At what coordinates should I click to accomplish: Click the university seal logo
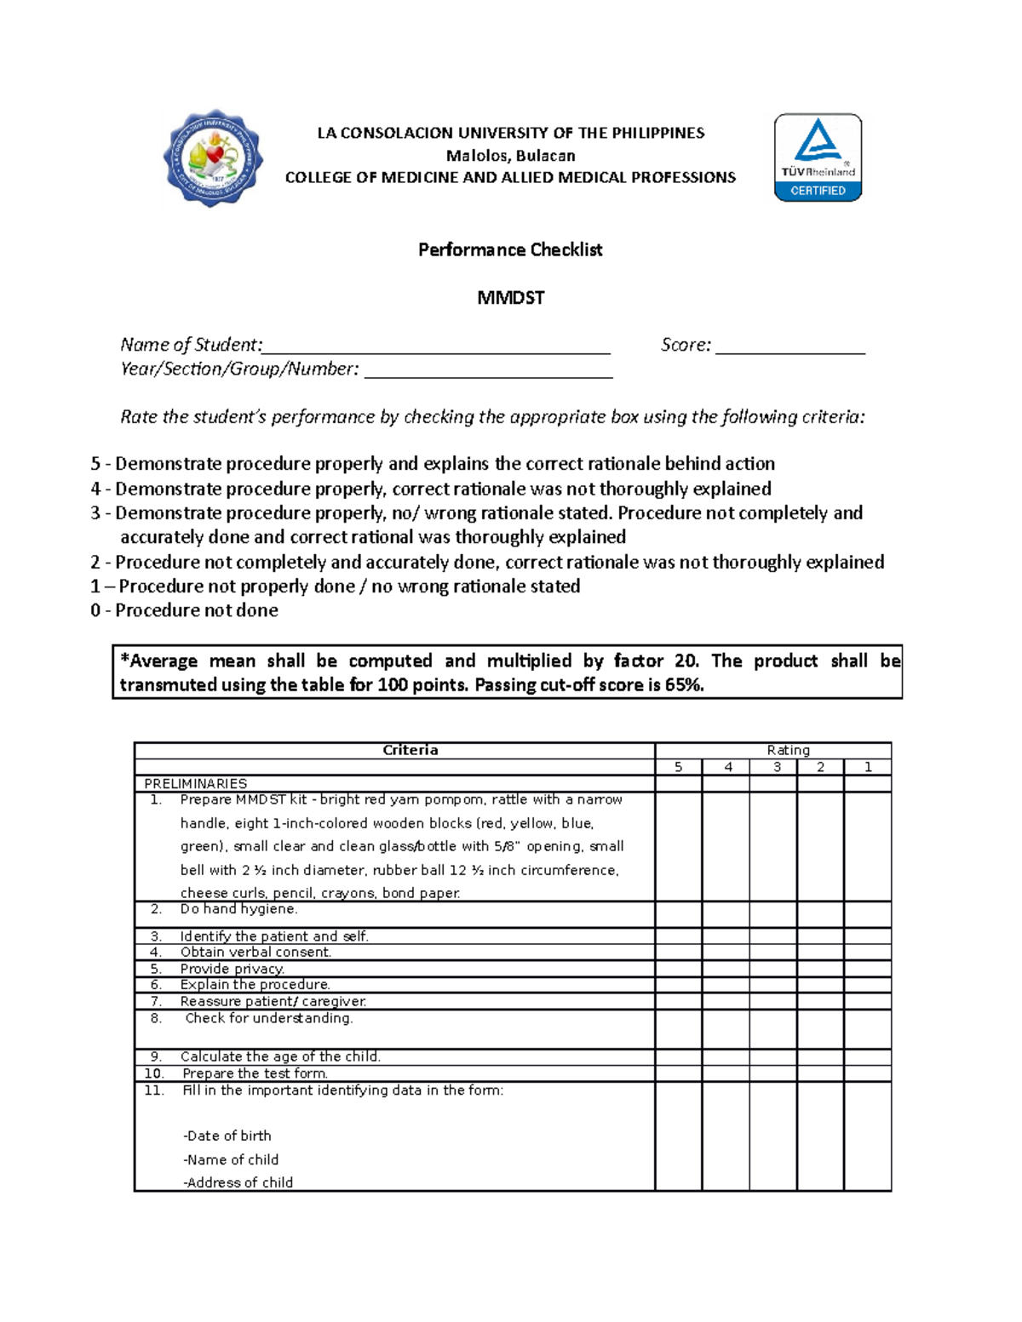coord(213,157)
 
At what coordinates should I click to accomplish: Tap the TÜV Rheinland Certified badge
coord(818,157)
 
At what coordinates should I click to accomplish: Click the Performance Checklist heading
coord(510,249)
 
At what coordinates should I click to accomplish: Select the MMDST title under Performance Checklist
coord(510,298)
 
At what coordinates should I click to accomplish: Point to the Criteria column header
coord(410,750)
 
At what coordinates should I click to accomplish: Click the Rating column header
coord(788,750)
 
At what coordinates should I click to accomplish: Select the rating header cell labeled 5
coord(678,767)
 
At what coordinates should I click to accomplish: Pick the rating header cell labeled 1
coord(868,767)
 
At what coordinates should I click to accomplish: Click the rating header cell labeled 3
coord(777,767)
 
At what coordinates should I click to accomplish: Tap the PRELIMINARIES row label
coord(196,783)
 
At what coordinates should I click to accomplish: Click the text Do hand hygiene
coord(238,909)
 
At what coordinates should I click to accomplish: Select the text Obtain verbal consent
coord(255,952)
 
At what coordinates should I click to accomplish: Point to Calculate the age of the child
coord(280,1056)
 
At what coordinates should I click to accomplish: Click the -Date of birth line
coord(227,1136)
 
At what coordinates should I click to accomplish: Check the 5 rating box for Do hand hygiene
coord(678,914)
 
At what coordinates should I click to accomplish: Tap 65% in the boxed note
coord(686,685)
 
